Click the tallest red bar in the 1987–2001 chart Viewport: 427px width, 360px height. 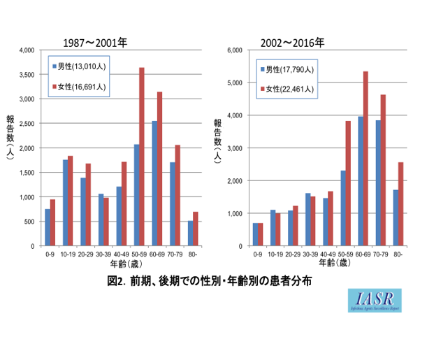point(142,157)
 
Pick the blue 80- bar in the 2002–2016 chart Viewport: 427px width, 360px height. point(395,218)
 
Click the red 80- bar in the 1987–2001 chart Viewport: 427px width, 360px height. point(196,229)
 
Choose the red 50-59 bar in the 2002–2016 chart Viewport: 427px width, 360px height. point(347,183)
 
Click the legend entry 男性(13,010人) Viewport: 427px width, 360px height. point(81,66)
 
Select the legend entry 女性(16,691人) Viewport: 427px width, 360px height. point(81,87)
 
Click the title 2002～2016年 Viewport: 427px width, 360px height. point(292,43)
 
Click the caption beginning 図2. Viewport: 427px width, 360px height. point(210,281)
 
